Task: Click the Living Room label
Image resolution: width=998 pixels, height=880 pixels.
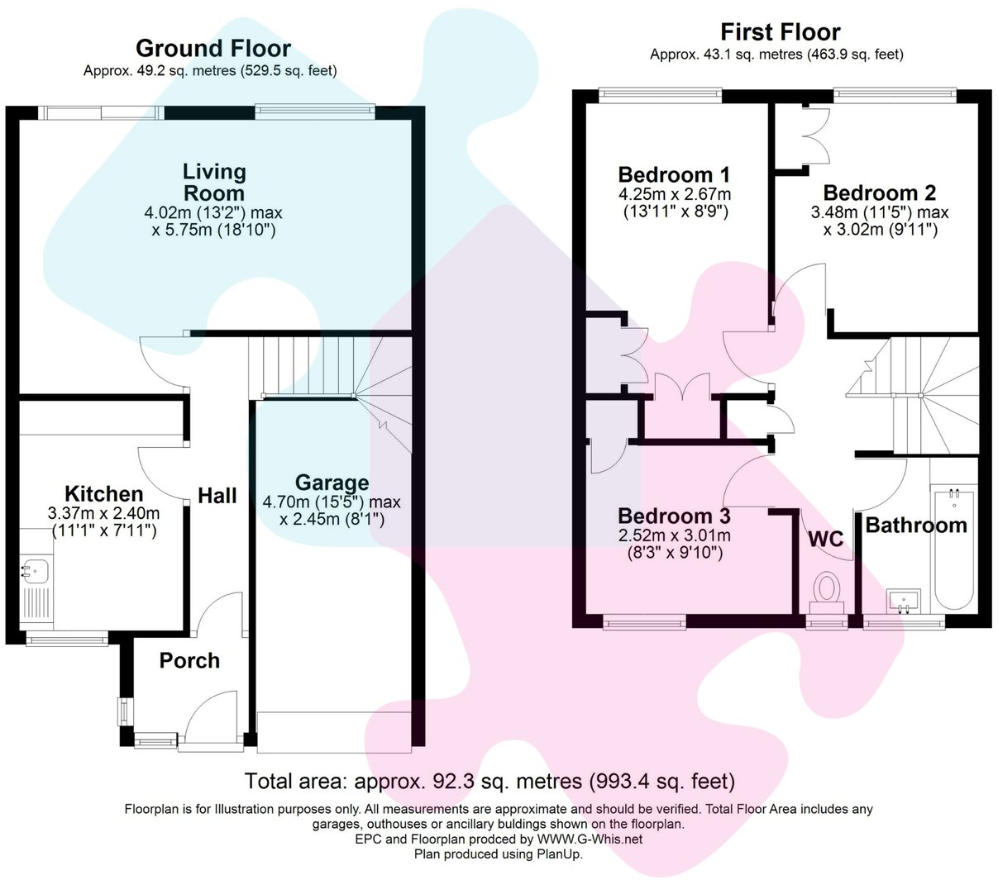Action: point(214,183)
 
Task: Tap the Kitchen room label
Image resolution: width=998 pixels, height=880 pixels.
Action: point(103,494)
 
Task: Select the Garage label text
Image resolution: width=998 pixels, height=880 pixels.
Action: point(332,483)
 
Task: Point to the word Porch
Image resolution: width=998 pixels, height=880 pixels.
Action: point(189,660)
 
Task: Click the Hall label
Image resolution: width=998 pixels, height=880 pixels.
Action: point(217,496)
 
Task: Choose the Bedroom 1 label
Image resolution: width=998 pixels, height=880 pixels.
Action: point(674,175)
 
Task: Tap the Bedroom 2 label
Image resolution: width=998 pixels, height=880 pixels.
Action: point(879,193)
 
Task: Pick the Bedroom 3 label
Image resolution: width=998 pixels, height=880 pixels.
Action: point(674,516)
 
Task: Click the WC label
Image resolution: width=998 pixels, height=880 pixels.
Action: point(825,540)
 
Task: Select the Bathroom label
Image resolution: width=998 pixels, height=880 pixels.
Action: point(915,526)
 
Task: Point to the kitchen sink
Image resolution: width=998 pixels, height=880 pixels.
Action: point(35,571)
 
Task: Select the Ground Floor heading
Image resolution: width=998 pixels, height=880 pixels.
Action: point(212,49)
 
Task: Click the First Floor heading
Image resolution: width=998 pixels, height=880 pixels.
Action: point(780,32)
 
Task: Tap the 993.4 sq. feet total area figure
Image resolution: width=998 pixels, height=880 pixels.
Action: point(661,781)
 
